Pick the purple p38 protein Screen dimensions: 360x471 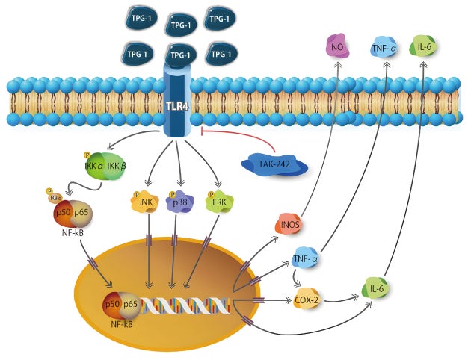180,203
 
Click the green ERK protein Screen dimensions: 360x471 219,203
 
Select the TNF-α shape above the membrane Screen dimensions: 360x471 385,49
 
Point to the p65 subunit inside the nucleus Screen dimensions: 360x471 131,304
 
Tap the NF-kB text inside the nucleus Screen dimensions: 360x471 122,323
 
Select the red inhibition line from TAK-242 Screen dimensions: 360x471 239,132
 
